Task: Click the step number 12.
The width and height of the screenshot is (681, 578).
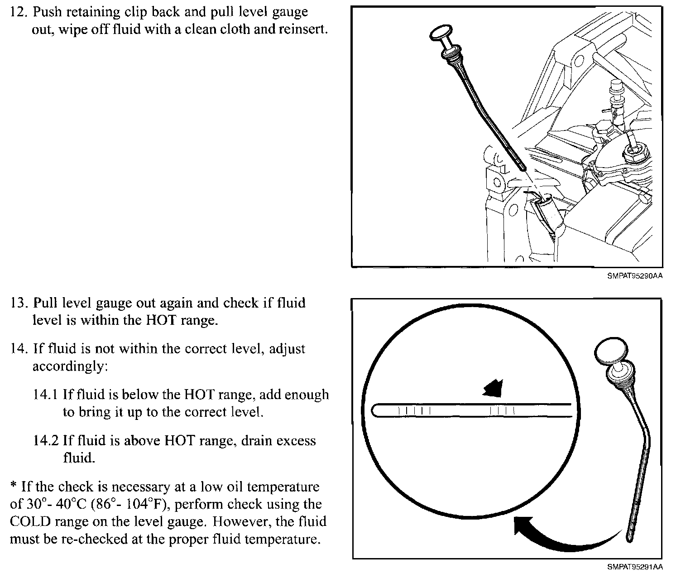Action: coord(19,12)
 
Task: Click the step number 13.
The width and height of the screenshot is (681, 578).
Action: coord(19,303)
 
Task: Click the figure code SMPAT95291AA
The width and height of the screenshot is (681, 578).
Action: coord(635,567)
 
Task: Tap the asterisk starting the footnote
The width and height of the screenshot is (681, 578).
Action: coord(14,486)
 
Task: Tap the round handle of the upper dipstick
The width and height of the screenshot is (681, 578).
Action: coord(439,33)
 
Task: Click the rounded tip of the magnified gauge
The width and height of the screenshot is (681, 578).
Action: coord(376,411)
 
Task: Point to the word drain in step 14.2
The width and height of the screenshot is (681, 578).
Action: coord(259,441)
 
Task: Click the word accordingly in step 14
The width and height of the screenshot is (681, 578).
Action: coord(70,366)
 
